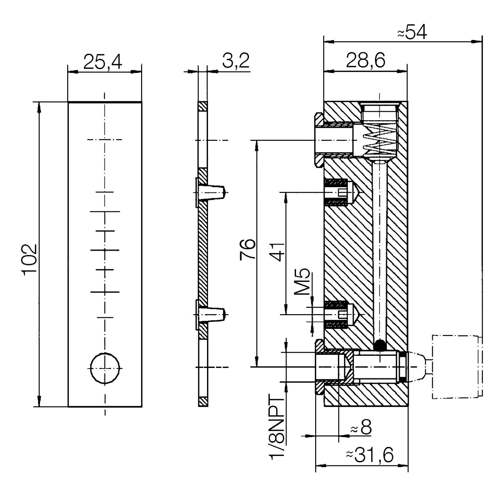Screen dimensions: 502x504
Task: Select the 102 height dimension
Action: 30,259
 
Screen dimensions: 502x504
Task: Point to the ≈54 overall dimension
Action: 412,33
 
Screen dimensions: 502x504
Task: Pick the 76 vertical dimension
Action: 248,249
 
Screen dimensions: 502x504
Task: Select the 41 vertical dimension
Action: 278,252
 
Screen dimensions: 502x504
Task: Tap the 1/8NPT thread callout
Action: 277,427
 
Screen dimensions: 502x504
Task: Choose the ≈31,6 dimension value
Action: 370,455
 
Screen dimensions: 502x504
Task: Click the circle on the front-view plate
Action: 105,368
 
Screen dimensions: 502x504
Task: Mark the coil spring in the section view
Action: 380,141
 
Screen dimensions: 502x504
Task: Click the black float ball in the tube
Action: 380,345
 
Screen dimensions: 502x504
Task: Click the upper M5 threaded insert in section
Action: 339,193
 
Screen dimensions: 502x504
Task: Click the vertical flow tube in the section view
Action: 380,252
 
